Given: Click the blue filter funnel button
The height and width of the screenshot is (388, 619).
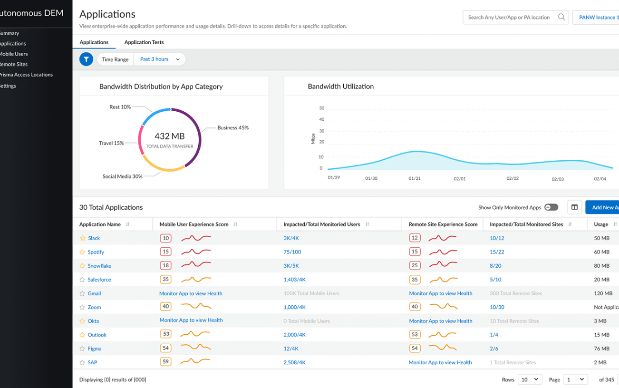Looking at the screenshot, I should [86, 59].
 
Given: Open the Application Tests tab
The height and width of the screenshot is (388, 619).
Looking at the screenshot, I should [144, 42].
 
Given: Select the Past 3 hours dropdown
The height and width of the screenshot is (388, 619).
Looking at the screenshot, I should [160, 59].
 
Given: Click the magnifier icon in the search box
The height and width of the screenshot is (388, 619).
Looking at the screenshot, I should [561, 17].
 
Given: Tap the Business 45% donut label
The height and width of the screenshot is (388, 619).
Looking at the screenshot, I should [232, 128].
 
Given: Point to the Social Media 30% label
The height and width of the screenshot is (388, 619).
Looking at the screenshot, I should [122, 176].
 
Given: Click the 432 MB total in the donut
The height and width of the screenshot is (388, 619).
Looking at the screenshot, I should [170, 136].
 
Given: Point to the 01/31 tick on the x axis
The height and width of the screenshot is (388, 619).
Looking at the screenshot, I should [414, 178].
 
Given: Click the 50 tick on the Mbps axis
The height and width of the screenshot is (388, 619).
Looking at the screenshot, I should [322, 108].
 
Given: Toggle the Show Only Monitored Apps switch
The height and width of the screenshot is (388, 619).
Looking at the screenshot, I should [551, 207].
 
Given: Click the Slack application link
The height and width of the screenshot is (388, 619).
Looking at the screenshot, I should [94, 238].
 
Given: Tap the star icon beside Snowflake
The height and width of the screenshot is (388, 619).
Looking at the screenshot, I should [82, 266].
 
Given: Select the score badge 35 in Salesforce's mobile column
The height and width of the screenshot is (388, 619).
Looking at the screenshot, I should [165, 280].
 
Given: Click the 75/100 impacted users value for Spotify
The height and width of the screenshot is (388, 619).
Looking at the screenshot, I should [292, 252].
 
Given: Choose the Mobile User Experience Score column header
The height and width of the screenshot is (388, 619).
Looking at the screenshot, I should [193, 224].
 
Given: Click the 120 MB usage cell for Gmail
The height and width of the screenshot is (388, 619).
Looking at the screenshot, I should [603, 293].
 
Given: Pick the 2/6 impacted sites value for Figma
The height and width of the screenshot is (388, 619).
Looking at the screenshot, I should [494, 349].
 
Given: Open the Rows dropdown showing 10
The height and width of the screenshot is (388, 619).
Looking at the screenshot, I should [529, 379].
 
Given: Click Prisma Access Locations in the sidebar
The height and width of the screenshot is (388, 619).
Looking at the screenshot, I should [26, 75].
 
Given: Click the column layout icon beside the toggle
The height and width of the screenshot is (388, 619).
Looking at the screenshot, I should [574, 207].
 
